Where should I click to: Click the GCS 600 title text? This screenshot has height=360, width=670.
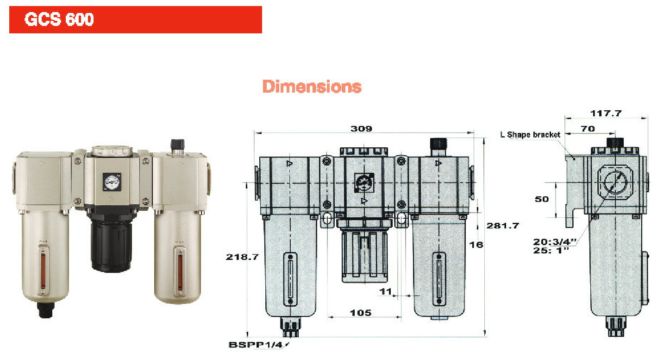pos(59,19)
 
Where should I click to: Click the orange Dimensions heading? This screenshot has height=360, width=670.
pos(312,87)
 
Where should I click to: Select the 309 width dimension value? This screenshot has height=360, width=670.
pos(361,129)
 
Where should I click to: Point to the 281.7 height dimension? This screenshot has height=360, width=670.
pos(503,226)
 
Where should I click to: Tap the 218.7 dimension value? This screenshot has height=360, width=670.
pos(242,257)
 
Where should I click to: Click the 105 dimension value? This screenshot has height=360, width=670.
pos(361,313)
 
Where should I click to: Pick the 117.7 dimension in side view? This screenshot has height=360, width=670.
pos(606,114)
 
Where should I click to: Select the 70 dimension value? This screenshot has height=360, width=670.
pos(588,129)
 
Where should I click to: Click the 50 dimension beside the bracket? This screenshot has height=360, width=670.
pos(542,199)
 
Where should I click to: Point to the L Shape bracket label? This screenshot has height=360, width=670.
pos(530,135)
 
